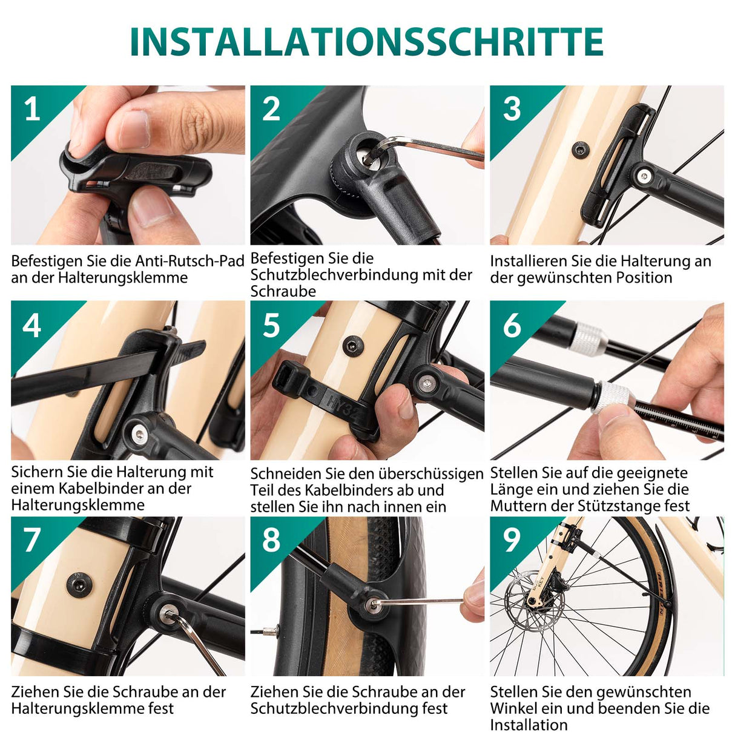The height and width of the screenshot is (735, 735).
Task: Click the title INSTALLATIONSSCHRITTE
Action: tap(366, 42)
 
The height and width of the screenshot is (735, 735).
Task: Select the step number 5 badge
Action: tap(271, 325)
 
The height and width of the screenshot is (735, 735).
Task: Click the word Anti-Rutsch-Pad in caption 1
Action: tap(190, 262)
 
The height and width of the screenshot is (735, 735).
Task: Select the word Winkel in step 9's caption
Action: tap(516, 708)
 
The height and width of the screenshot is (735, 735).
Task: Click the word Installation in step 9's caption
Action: tap(529, 725)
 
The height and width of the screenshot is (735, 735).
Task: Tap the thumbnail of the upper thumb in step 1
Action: tap(134, 129)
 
